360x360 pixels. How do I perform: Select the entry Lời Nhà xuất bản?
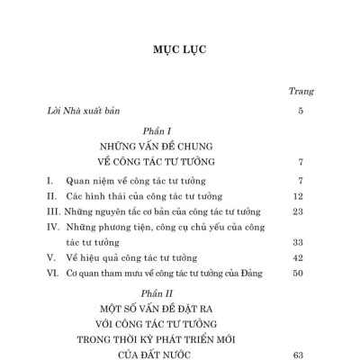(x=94, y=110)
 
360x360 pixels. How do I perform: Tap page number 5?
(x=300, y=110)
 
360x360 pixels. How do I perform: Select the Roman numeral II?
(x=49, y=195)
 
